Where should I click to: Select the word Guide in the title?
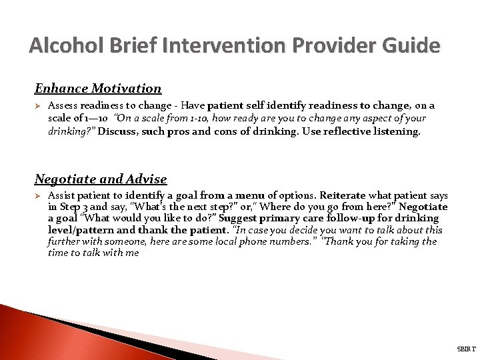411,45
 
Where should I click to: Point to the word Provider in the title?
326,45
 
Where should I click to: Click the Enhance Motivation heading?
98,88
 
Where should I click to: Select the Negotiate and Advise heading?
101,179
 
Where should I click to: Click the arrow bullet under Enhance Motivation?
38,106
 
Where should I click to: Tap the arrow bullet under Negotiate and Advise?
38,197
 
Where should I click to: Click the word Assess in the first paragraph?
64,105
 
